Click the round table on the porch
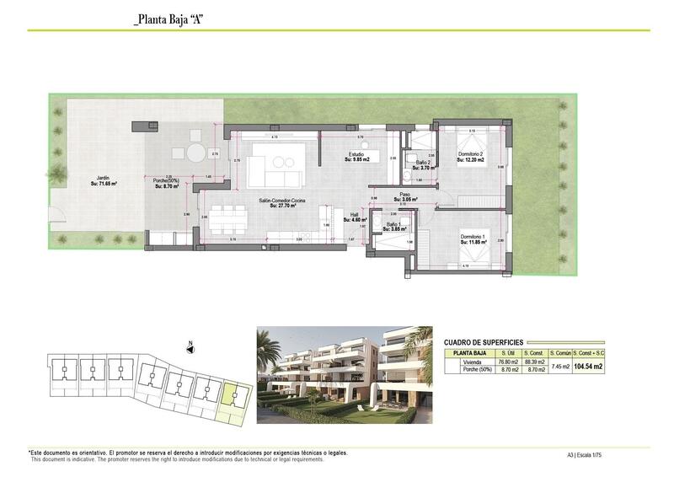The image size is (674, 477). [x=195, y=153]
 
